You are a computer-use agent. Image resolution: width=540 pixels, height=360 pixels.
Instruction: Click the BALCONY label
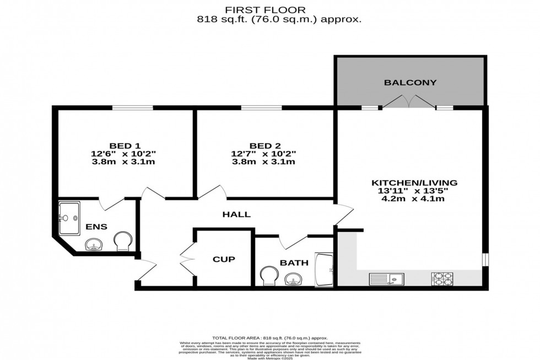(411, 83)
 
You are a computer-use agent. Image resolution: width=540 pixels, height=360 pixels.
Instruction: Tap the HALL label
(236, 214)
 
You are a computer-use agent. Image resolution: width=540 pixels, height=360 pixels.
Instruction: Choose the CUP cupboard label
(224, 259)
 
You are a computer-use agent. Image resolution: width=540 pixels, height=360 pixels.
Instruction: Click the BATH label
(294, 263)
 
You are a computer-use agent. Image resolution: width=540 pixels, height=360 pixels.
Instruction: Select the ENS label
(96, 227)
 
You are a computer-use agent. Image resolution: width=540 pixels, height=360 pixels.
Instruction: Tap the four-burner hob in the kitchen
(442, 278)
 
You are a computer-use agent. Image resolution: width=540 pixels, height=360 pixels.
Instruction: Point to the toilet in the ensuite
(123, 241)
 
